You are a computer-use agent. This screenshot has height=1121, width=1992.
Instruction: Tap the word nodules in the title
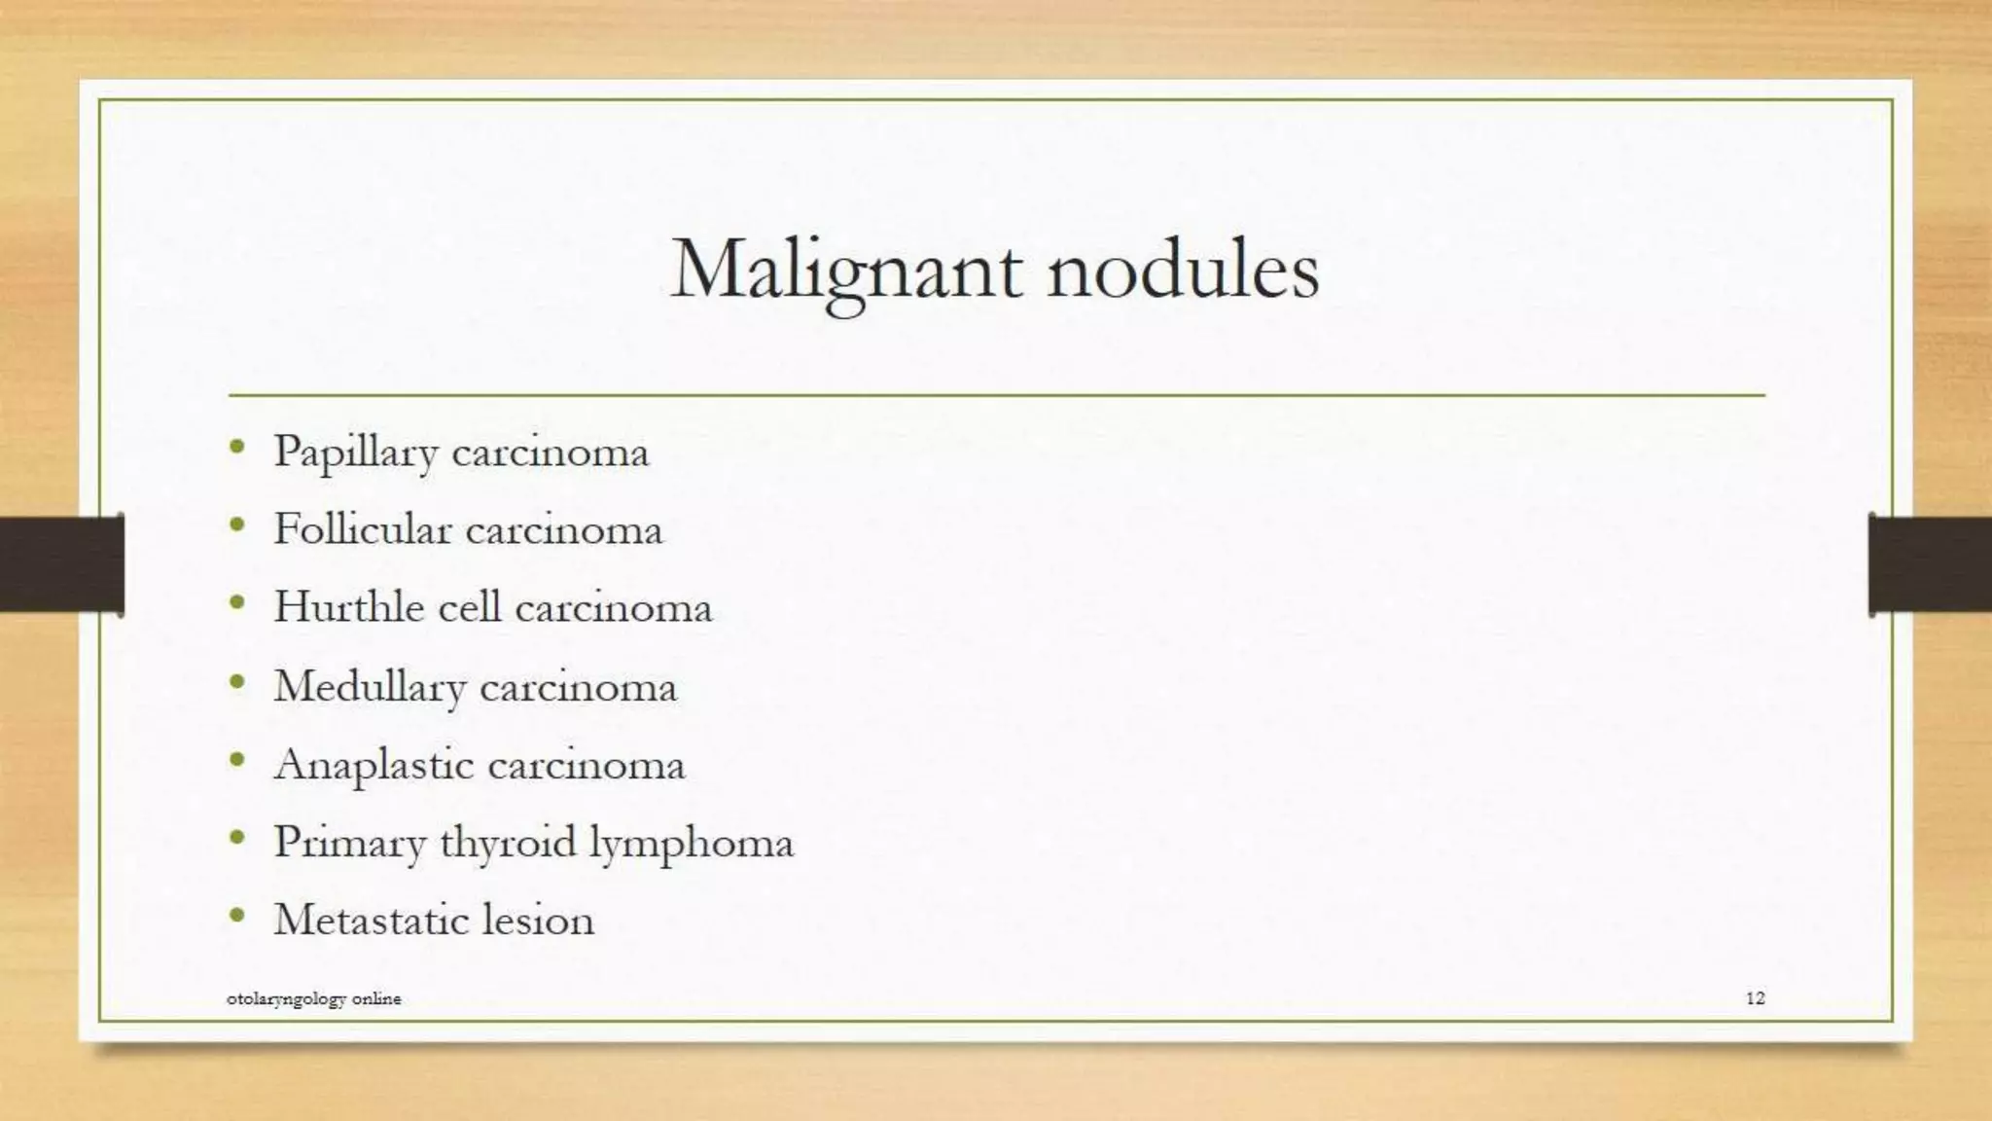1183,270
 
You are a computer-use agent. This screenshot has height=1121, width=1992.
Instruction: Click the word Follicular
363,530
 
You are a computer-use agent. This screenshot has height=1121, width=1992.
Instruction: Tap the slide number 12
1755,998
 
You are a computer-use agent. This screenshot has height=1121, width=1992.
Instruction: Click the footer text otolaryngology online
313,999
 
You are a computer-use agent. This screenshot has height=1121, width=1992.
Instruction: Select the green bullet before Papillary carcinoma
237,448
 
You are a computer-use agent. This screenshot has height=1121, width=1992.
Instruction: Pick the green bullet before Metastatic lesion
237,916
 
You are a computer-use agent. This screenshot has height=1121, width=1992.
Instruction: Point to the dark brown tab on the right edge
1931,564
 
